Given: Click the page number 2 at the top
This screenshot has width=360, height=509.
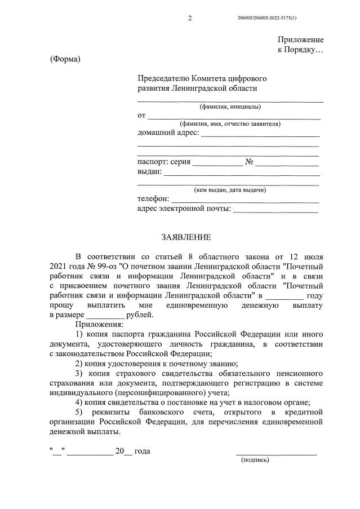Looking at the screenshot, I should pyautogui.click(x=189, y=19).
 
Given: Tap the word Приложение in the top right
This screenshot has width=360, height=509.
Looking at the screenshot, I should pyautogui.click(x=300, y=39).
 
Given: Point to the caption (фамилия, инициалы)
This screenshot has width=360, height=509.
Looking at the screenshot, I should pyautogui.click(x=230, y=107).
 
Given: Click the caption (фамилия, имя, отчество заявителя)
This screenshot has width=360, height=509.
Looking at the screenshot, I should pyautogui.click(x=230, y=123).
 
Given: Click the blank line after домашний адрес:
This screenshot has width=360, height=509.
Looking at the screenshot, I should pyautogui.click(x=260, y=135).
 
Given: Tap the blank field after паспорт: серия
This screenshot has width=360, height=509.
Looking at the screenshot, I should pyautogui.click(x=218, y=165).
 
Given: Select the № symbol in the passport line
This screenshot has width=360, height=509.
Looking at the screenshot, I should pyautogui.click(x=248, y=162).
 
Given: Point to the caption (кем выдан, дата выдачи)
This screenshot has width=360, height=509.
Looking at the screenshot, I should pyautogui.click(x=230, y=190).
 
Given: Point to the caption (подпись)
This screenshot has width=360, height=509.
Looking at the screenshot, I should pyautogui.click(x=255, y=460).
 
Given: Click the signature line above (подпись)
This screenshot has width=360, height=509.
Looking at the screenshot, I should pyautogui.click(x=275, y=453).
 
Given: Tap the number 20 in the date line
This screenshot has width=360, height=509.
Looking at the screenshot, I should pyautogui.click(x=119, y=451).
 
